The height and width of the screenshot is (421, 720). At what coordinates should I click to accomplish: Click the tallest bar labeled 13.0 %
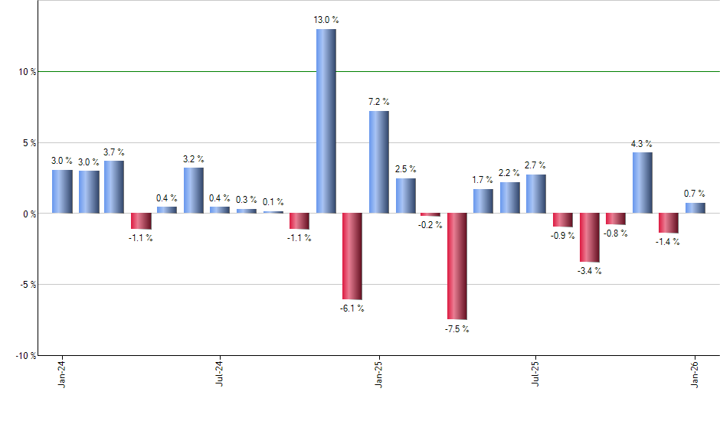326,121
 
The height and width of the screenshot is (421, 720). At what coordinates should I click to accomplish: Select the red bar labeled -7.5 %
457,266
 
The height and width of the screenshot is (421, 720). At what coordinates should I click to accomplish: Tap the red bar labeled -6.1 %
352,256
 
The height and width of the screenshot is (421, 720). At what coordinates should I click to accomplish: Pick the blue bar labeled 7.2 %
378,162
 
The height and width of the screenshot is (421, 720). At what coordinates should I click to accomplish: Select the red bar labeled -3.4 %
590,238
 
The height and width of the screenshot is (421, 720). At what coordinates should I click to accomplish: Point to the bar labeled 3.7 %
114,187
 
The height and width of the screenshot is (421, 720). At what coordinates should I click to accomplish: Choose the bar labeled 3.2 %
193,191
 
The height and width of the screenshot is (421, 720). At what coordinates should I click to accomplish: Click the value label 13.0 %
326,20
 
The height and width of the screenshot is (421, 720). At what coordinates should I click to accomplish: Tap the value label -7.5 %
457,329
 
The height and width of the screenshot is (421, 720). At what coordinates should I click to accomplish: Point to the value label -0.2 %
430,225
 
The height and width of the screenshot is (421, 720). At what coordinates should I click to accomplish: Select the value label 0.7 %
695,194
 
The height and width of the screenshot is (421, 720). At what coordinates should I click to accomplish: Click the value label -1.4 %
669,242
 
